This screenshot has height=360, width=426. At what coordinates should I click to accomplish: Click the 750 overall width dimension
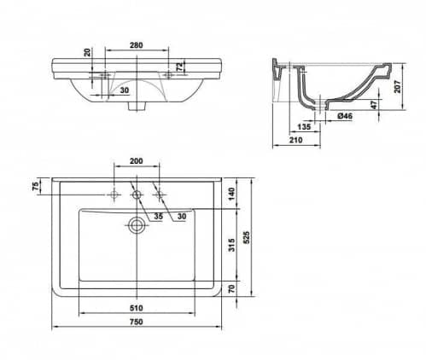pyautogui.click(x=137, y=322)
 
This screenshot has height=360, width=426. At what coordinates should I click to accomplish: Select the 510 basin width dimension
pyautogui.click(x=137, y=308)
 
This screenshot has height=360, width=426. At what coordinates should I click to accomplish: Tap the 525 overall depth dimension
pyautogui.click(x=247, y=237)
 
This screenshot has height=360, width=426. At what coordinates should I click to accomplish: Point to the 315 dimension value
pyautogui.click(x=232, y=245)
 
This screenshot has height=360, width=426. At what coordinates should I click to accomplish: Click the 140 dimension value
pyautogui.click(x=232, y=194)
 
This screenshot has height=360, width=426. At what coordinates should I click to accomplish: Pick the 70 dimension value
pyautogui.click(x=232, y=288)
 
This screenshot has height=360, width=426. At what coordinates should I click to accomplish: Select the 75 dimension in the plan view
pyautogui.click(x=36, y=186)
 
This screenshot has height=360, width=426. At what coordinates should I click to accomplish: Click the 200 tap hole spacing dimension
pyautogui.click(x=137, y=161)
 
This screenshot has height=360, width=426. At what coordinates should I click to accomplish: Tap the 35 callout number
pyautogui.click(x=159, y=217)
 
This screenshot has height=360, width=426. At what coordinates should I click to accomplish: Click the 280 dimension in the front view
pyautogui.click(x=137, y=45)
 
